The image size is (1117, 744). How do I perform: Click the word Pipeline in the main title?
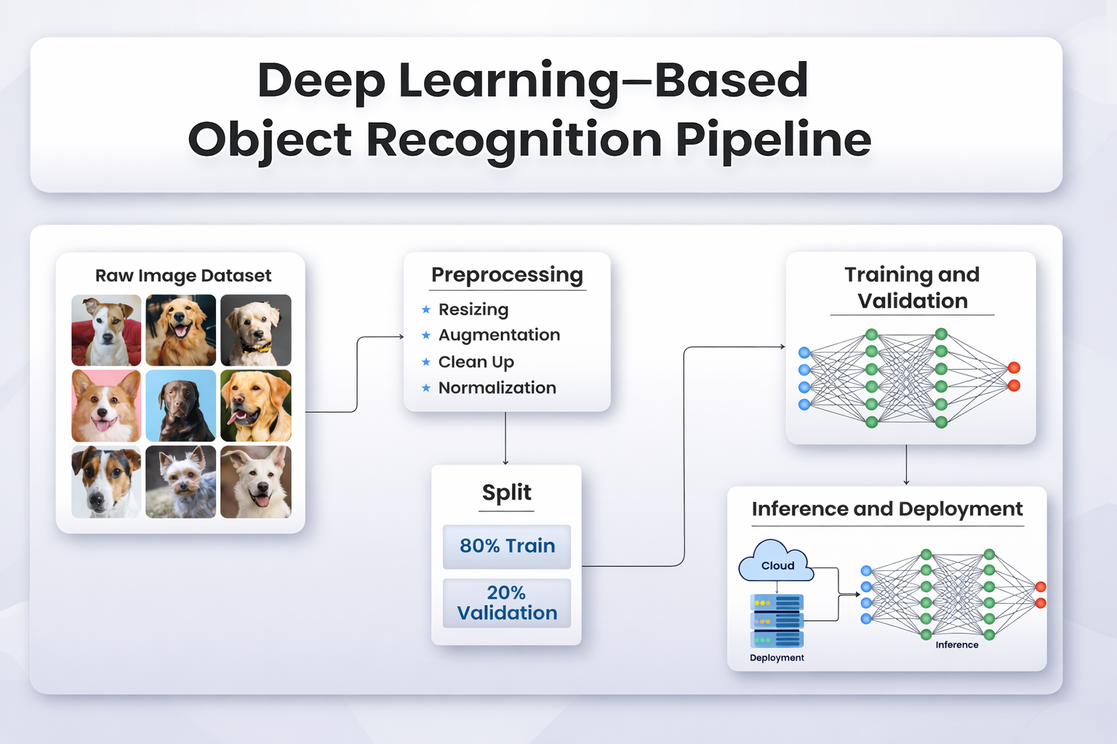click(774, 140)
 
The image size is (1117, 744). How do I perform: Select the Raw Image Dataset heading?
click(183, 275)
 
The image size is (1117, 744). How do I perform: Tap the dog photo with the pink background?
click(106, 405)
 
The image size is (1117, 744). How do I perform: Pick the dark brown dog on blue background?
click(180, 405)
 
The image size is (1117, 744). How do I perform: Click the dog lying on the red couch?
click(106, 330)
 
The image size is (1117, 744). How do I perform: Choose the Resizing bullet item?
click(473, 310)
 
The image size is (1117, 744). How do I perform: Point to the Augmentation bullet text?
click(499, 335)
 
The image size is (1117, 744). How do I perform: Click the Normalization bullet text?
click(497, 388)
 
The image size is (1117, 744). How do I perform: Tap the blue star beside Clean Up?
click(426, 362)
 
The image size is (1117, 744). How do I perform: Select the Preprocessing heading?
click(507, 275)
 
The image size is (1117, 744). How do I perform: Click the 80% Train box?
click(507, 546)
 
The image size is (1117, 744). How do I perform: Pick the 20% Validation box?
click(507, 603)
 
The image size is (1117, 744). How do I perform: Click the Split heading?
click(507, 493)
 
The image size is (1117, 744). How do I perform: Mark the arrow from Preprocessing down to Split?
click(505, 438)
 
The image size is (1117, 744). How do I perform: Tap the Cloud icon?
click(776, 562)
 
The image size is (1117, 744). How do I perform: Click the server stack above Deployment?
click(777, 620)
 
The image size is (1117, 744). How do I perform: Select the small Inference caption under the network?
click(956, 645)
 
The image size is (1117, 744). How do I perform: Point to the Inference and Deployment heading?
click(887, 509)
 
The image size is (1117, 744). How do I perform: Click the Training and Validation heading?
click(912, 288)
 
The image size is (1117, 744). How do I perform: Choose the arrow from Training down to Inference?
click(906, 464)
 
